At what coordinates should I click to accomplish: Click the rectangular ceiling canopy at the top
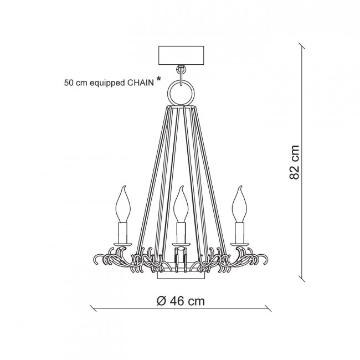point(181,55)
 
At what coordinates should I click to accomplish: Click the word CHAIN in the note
point(141,83)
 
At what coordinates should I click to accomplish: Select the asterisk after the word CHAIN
point(158,79)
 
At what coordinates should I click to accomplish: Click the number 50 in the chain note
point(69,83)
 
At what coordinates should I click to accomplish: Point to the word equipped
point(107,84)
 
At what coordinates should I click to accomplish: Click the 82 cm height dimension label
point(294,162)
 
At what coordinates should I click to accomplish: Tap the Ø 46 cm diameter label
point(181,301)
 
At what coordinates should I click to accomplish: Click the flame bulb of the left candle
point(123,204)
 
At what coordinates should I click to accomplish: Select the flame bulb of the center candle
point(181,204)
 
